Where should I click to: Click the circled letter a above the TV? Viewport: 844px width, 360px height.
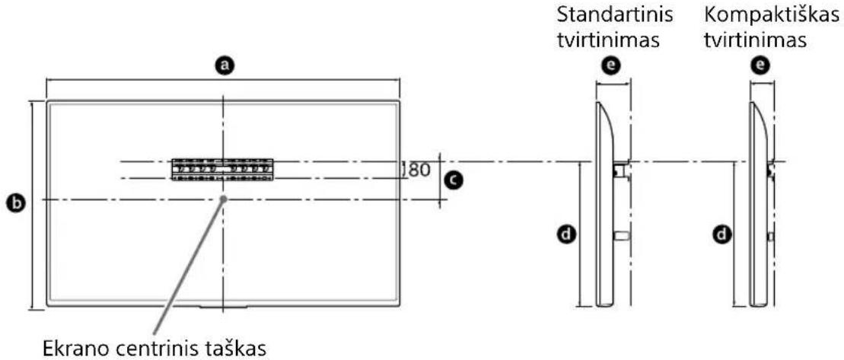point(223,66)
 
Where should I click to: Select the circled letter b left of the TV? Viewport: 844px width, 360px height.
point(13,203)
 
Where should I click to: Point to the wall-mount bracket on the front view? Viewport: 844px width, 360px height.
point(222,169)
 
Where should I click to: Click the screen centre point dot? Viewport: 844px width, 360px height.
point(223,199)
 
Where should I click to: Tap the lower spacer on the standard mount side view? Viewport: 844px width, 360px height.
point(620,237)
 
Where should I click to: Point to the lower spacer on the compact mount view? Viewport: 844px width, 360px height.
point(771,237)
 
